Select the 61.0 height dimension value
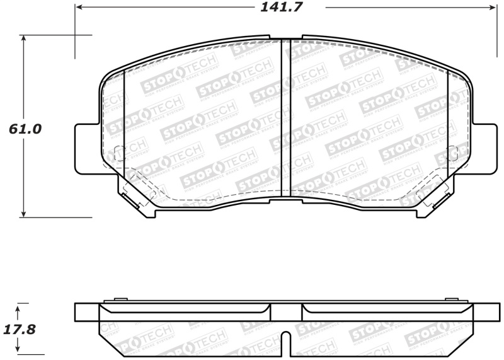click(25, 129)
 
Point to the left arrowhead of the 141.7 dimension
click(79, 8)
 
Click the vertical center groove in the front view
click(285, 117)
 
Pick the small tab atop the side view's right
click(451, 301)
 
